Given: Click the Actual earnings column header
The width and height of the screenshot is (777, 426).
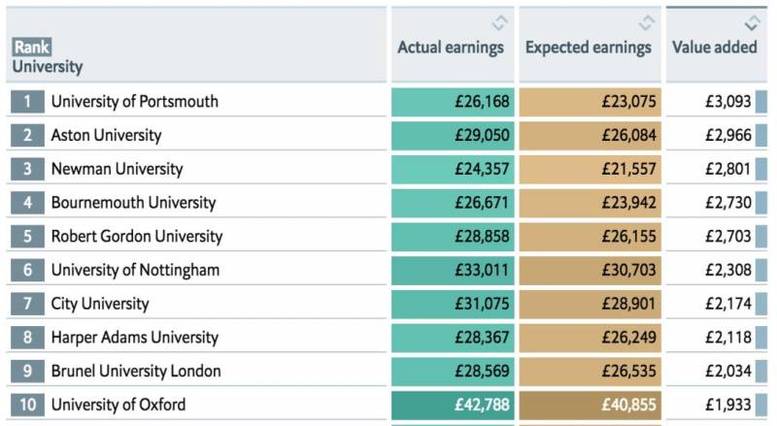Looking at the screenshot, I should (451, 48).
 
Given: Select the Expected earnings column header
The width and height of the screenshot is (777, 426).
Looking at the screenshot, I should (589, 48).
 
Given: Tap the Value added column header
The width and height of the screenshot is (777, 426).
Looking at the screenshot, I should (715, 48).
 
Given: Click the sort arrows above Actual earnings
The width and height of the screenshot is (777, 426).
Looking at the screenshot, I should (499, 22).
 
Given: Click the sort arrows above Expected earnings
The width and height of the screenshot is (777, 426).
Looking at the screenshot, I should (647, 22).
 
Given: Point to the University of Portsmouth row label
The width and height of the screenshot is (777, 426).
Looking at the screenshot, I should (135, 101).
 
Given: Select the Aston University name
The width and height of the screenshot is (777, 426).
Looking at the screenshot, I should (106, 135).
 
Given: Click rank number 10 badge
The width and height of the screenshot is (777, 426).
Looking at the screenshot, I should (28, 405).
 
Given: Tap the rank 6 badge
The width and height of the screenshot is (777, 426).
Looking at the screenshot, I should (28, 270).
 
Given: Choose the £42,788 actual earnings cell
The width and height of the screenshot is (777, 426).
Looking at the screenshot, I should (483, 405).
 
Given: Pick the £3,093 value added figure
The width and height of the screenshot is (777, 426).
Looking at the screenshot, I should (727, 101).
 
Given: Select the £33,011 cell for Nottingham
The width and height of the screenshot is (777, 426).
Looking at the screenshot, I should (483, 270).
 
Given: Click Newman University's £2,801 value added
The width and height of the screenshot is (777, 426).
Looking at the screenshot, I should (727, 169).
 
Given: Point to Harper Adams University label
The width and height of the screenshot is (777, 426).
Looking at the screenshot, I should (135, 338).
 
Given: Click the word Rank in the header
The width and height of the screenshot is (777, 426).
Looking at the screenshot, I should (31, 47).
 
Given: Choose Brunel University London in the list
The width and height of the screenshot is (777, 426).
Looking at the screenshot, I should (136, 371).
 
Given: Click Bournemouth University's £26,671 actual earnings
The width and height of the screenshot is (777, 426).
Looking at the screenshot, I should (483, 203).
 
